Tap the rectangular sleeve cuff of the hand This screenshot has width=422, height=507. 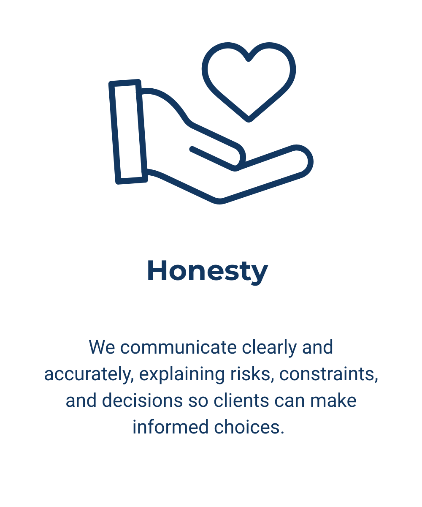pyautogui.click(x=128, y=131)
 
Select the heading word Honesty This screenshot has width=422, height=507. pyautogui.click(x=207, y=271)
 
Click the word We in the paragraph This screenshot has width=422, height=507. pyautogui.click(x=101, y=347)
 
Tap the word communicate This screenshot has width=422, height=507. pyautogui.click(x=178, y=347)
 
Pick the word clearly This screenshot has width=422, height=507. pyautogui.click(x=270, y=347)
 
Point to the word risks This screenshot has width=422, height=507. pyautogui.click(x=253, y=374)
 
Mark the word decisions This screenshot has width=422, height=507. pyautogui.click(x=143, y=401)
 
